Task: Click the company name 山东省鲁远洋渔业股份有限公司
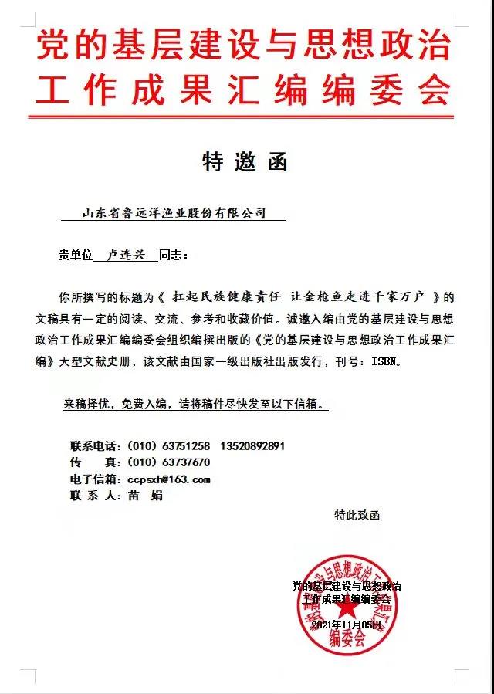[x=174, y=213]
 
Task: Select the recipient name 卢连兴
[x=124, y=256]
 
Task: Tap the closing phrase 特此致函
[x=357, y=514]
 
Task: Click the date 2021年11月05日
[x=347, y=625]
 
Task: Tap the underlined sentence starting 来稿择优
[x=193, y=404]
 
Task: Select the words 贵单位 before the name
[x=75, y=256]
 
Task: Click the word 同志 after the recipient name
[x=171, y=256]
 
